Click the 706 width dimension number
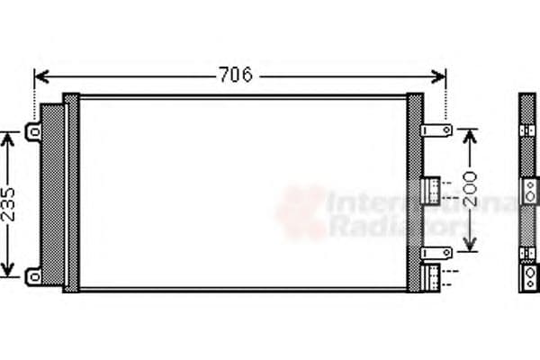(236, 75)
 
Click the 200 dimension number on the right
(468, 190)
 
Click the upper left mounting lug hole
(34, 132)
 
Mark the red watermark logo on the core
(301, 211)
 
